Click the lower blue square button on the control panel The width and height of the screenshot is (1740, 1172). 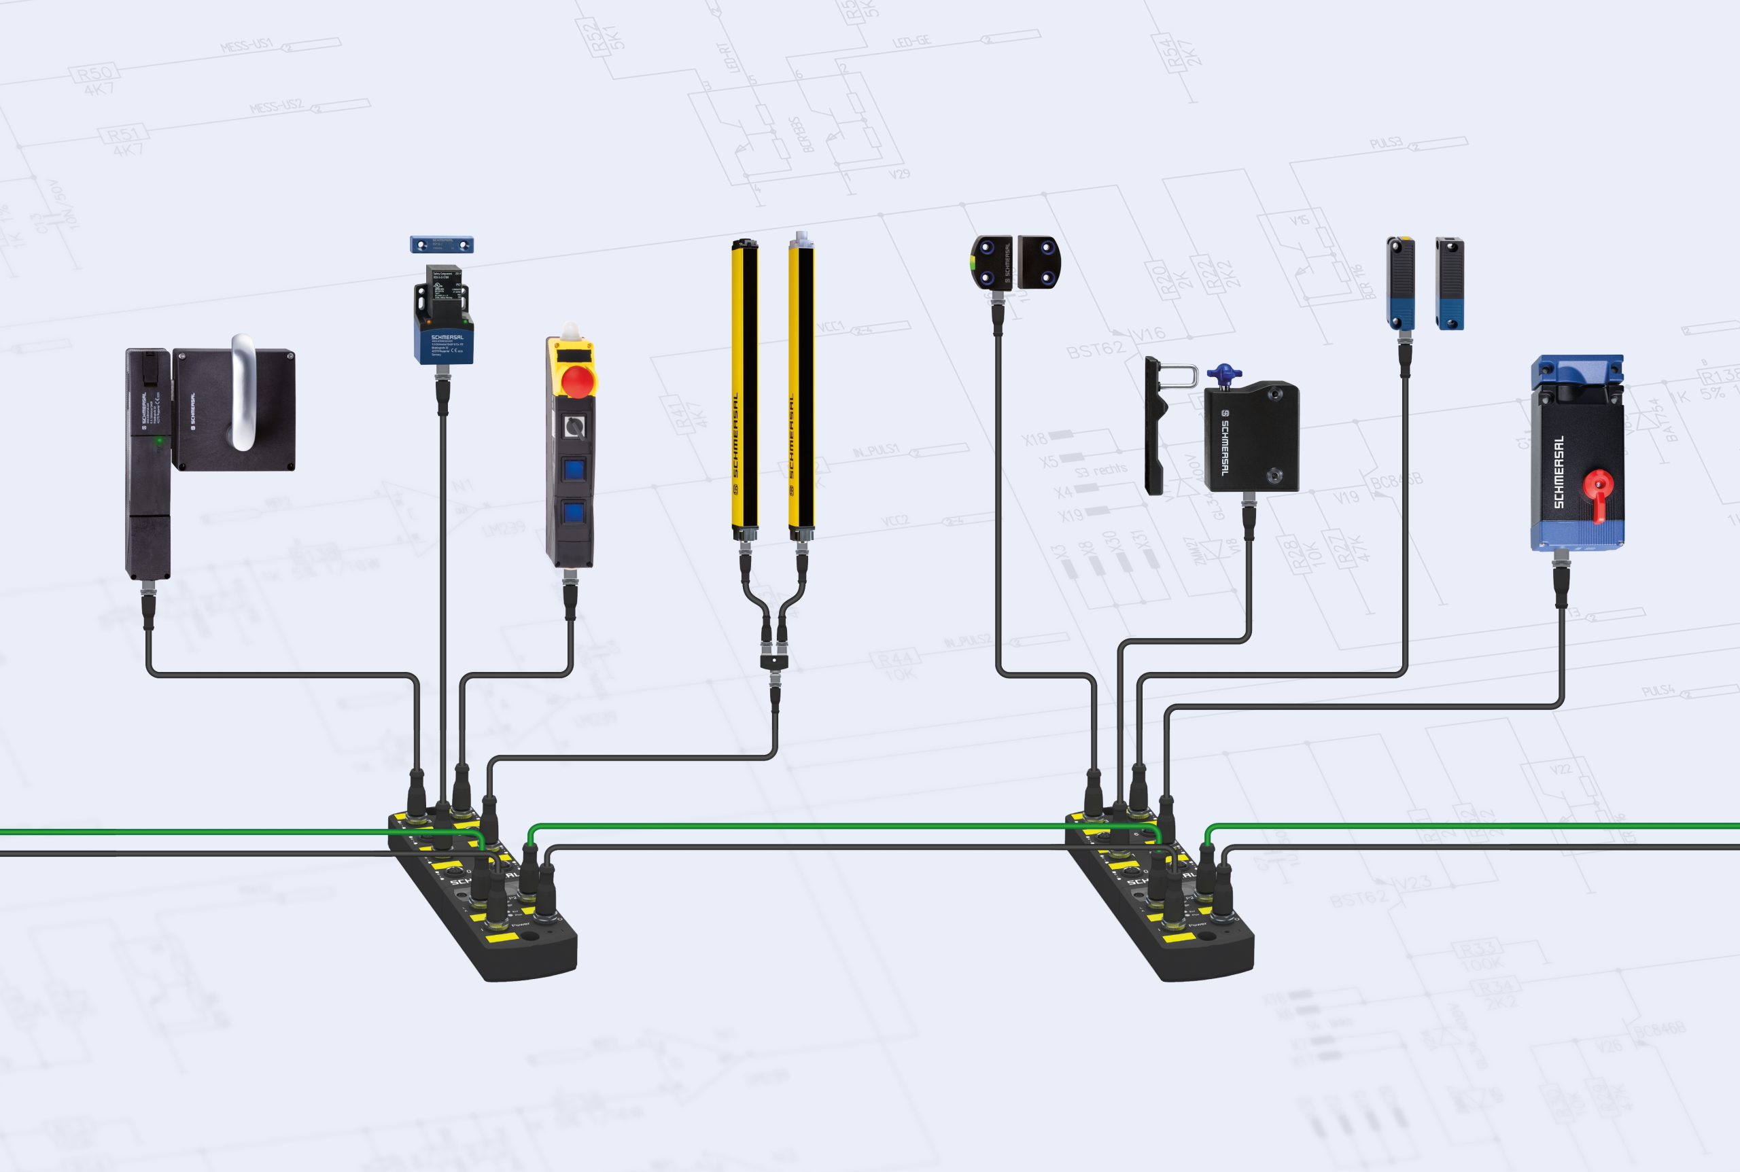coord(574,514)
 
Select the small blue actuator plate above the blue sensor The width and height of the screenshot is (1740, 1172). coord(441,245)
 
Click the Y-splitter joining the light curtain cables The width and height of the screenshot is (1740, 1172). coord(775,661)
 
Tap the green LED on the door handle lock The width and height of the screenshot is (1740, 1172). coord(158,442)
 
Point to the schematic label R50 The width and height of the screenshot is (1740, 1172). coord(94,73)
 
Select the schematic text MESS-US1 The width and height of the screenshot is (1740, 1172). coord(246,46)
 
